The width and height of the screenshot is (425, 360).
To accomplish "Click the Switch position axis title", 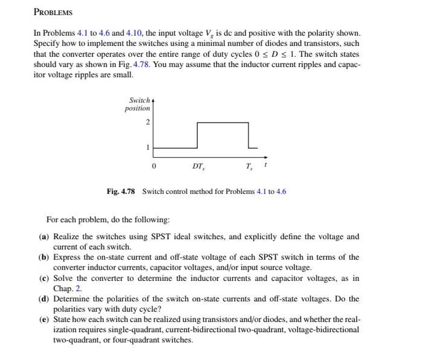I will coord(138,104).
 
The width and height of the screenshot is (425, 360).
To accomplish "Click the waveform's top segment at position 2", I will coord(223,123).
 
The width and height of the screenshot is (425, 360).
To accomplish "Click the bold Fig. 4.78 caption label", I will coord(122,191).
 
